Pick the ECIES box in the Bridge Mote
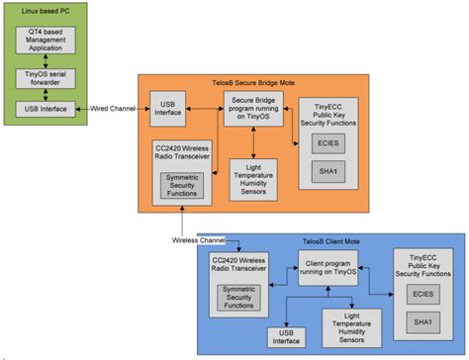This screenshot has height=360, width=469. (333, 142)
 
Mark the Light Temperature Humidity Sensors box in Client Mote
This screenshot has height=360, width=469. (351, 322)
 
